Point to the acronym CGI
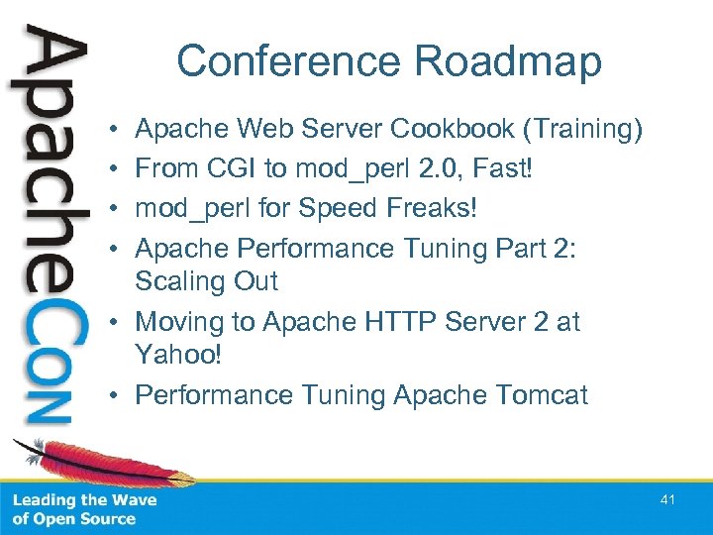[234, 169]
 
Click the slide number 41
[667, 500]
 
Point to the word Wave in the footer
[133, 500]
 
